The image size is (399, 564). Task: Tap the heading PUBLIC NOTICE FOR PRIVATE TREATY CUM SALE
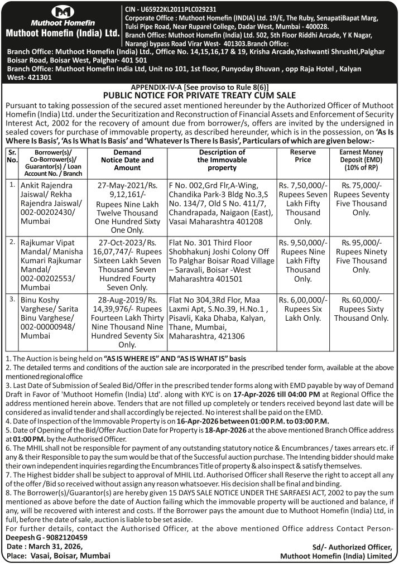tap(199, 95)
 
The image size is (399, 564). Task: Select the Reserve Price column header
tap(303, 156)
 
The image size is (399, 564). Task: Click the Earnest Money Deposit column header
tap(361, 160)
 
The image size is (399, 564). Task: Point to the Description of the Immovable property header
tap(222, 160)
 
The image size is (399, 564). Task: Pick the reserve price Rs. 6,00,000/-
tap(303, 300)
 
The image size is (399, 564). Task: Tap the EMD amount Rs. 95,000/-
tap(361, 243)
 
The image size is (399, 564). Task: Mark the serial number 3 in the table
tap(12, 299)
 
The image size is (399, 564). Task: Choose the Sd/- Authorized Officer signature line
tap(353, 547)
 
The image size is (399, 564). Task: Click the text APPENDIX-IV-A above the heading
tap(156, 88)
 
